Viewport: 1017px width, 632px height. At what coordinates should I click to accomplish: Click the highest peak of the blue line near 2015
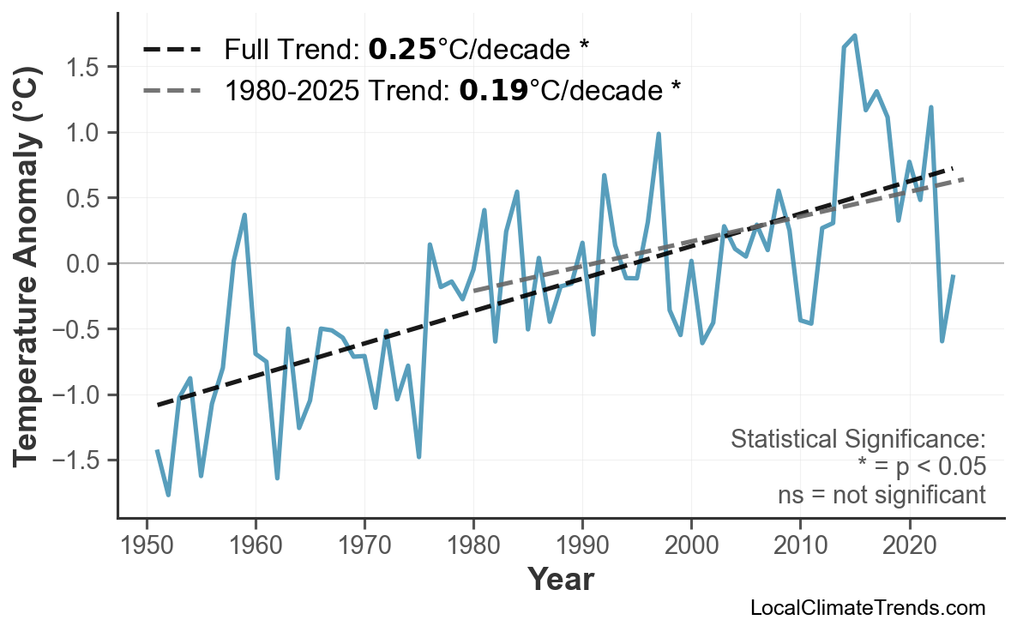[x=855, y=35]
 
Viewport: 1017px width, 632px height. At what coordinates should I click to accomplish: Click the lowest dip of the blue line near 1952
[x=168, y=495]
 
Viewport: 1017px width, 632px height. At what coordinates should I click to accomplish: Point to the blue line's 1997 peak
[x=659, y=134]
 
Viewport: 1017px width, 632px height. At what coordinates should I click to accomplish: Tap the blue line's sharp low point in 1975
[x=418, y=456]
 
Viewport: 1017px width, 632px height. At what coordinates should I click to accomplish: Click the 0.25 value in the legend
[x=402, y=50]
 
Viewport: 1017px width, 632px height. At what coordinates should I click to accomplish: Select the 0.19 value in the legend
[x=493, y=89]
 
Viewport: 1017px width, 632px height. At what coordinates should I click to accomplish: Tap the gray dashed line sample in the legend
[x=172, y=89]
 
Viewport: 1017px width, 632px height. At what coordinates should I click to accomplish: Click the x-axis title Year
[x=560, y=580]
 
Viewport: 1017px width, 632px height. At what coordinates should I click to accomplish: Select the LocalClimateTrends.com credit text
[x=867, y=608]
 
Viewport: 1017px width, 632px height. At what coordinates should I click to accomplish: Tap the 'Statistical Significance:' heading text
[x=858, y=440]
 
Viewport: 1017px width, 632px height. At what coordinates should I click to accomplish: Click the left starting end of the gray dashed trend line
[x=474, y=292]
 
